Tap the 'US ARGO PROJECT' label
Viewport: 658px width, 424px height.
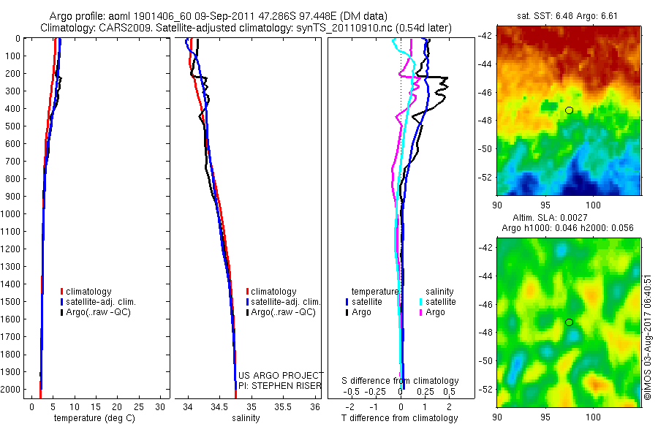(281, 375)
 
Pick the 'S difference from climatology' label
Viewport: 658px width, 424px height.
(401, 381)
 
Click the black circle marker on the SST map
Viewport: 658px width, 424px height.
(569, 110)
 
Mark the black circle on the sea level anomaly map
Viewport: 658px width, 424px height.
(569, 322)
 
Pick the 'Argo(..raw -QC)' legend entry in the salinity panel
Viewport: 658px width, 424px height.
(283, 312)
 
